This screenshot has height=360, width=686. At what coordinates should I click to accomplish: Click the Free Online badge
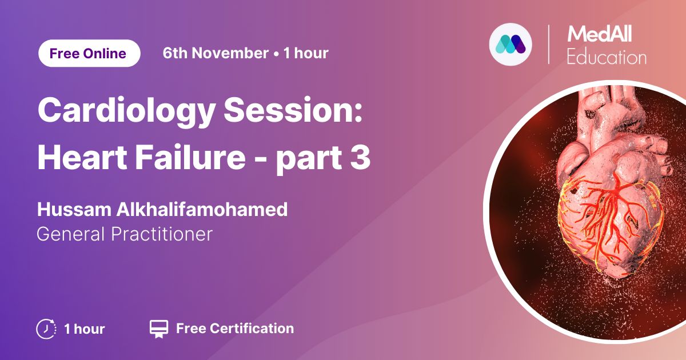pyautogui.click(x=89, y=53)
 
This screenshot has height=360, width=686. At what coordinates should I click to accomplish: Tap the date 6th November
pyautogui.click(x=216, y=53)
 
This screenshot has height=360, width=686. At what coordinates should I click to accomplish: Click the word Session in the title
pyautogui.click(x=293, y=110)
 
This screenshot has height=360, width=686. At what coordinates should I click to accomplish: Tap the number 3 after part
pyautogui.click(x=361, y=157)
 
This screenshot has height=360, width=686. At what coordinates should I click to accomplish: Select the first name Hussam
pyautogui.click(x=74, y=209)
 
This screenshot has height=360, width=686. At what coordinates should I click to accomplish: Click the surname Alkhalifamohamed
pyautogui.click(x=202, y=209)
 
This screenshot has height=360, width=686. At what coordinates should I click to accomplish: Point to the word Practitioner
pyautogui.click(x=161, y=234)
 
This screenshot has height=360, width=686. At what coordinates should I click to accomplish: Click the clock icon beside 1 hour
pyautogui.click(x=46, y=329)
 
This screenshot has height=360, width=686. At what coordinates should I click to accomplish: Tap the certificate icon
pyautogui.click(x=159, y=329)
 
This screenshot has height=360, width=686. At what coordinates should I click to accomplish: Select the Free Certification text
pyautogui.click(x=235, y=329)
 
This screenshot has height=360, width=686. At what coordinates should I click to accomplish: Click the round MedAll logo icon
pyautogui.click(x=510, y=45)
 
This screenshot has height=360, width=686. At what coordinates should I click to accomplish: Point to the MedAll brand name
pyautogui.click(x=599, y=34)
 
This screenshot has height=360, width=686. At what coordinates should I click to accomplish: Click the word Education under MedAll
pyautogui.click(x=607, y=57)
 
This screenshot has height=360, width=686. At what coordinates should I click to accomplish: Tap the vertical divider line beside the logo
pyautogui.click(x=548, y=45)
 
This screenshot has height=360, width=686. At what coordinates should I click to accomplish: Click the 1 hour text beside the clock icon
pyautogui.click(x=84, y=329)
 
